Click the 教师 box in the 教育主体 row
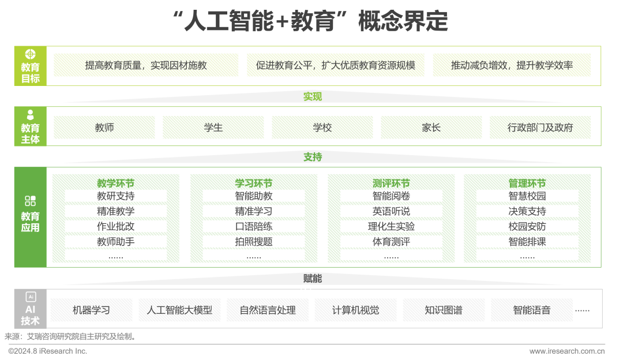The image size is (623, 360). coord(104,127)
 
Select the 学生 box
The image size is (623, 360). coord(213,127)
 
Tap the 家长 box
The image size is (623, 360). coord(431,127)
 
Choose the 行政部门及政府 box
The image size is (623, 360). coord(541,127)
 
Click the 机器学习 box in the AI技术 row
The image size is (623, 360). coord(91,310)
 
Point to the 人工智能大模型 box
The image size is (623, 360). coord(179,310)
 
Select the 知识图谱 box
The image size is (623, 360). coord(443,310)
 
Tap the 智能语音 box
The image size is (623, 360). coord(532,310)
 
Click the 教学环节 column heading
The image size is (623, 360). coord(115,183)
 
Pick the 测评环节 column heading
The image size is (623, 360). coord(391,183)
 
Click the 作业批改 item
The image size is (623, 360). coord(115,226)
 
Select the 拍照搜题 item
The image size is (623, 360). coord(253,242)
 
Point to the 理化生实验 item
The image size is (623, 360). coord(391,226)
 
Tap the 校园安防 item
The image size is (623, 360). coord(527,226)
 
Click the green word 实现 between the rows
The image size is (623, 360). coord(313,96)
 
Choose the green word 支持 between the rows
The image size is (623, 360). coord(313,157)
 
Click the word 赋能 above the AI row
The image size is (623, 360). coord(313,278)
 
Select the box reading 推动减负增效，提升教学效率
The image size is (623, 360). coord(512,65)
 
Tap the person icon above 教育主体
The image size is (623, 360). coord(31,115)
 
